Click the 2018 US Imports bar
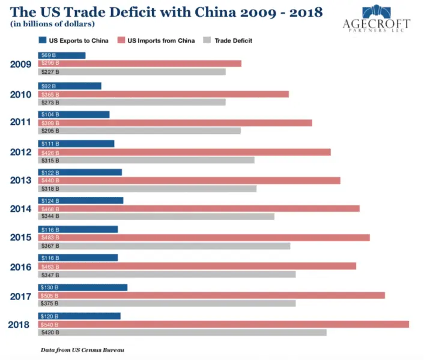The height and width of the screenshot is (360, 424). click(223, 324)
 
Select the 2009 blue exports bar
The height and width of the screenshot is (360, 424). click(62, 55)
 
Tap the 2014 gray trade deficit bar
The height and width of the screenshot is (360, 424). click(156, 217)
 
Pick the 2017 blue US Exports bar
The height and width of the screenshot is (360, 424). click(83, 287)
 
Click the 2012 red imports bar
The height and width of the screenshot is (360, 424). click(184, 152)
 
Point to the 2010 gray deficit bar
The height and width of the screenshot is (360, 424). click(132, 102)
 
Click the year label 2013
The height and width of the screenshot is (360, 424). click(22, 180)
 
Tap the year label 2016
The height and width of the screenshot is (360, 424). click(22, 266)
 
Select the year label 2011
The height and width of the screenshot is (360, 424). click(22, 122)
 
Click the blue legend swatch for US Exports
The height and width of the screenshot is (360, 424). click(43, 40)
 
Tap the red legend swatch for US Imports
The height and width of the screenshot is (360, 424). click(121, 40)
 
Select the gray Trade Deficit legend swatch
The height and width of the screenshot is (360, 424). click(207, 40)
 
